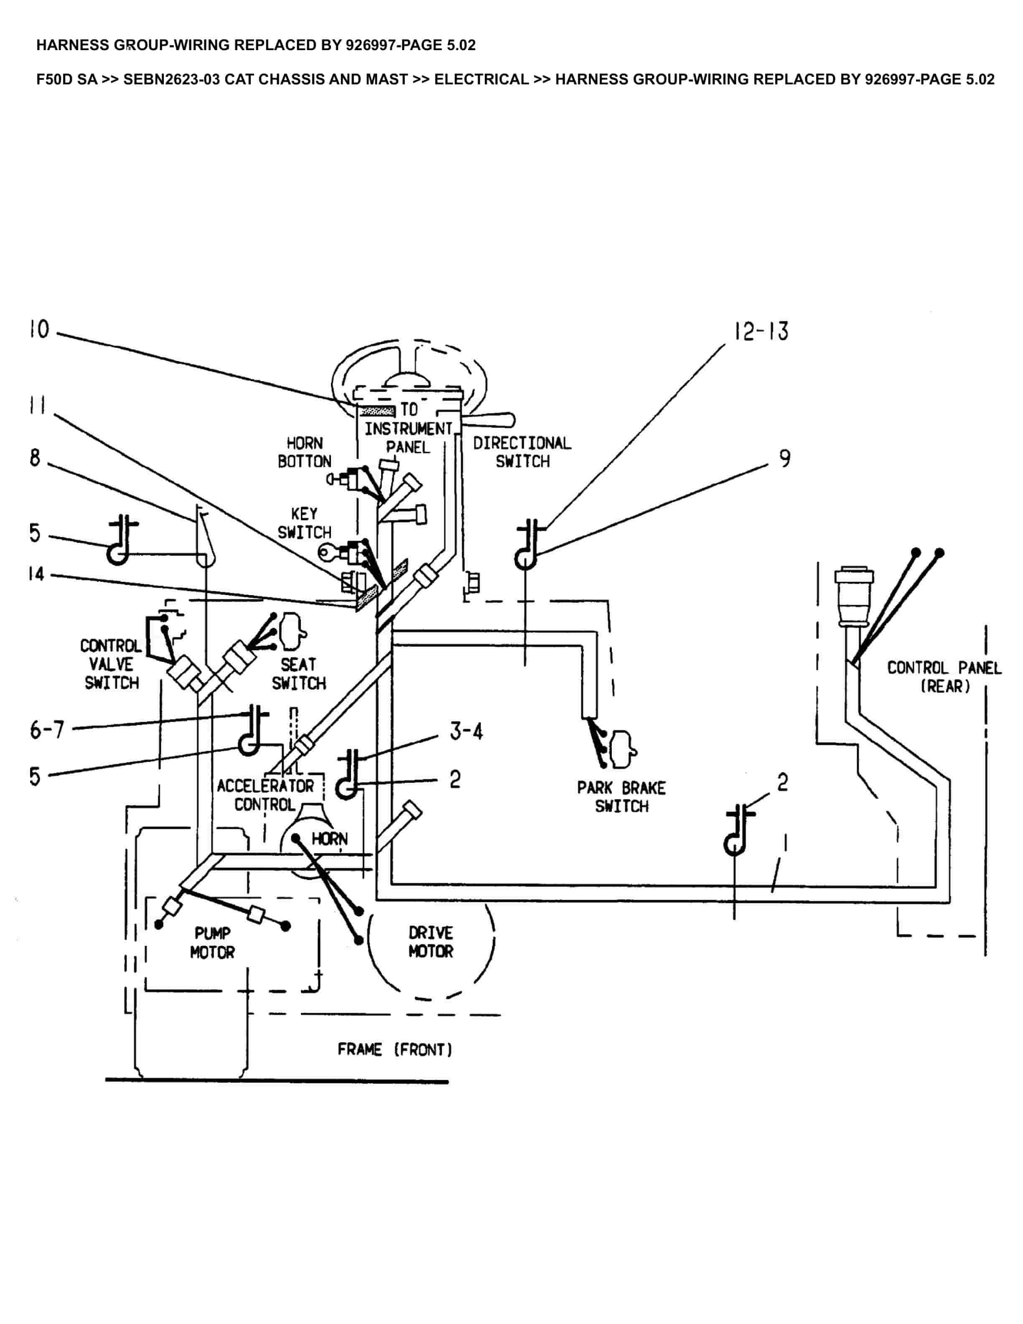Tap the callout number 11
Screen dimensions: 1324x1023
(37, 405)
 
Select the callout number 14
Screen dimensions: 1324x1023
(36, 573)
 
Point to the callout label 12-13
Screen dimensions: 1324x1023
(761, 331)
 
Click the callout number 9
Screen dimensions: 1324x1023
(785, 458)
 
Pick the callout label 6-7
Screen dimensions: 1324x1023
(47, 730)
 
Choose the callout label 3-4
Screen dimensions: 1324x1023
(466, 732)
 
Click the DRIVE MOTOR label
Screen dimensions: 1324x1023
(430, 942)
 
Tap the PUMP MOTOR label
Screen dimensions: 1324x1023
(212, 943)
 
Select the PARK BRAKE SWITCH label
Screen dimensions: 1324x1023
(621, 797)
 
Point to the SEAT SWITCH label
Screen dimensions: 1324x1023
(298, 674)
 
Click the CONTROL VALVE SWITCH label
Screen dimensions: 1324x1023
(111, 665)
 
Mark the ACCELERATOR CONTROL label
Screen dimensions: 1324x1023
(265, 795)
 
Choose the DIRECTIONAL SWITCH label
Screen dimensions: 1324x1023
(522, 452)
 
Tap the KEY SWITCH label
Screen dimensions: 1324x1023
(304, 523)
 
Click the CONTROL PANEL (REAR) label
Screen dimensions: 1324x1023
(944, 677)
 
